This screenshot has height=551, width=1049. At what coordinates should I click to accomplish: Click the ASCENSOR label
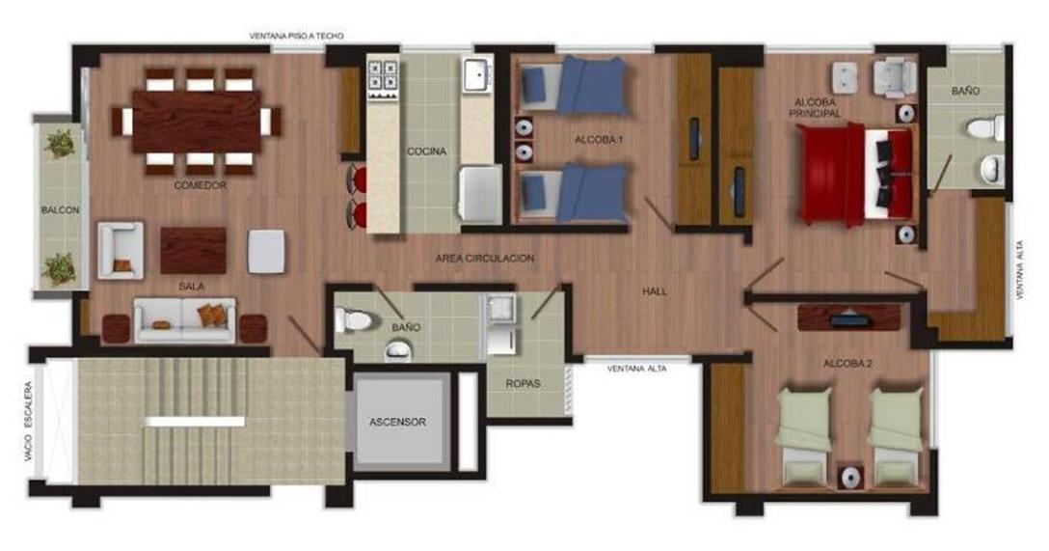[x=397, y=422]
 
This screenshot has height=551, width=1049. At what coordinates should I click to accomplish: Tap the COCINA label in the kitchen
[x=427, y=152]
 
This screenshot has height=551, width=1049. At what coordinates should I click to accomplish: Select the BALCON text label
[x=60, y=209]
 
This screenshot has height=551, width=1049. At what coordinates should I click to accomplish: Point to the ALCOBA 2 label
[x=847, y=364]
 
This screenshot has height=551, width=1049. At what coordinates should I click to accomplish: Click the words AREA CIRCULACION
[x=485, y=259]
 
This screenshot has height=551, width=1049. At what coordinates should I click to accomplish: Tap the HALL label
[x=655, y=291]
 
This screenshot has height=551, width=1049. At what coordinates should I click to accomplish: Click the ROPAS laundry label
[x=524, y=384]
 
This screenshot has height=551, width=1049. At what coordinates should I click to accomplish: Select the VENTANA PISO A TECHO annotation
[x=296, y=36]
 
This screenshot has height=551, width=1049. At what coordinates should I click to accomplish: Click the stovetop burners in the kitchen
[x=383, y=77]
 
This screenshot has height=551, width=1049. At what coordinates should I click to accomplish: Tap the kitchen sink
[x=477, y=75]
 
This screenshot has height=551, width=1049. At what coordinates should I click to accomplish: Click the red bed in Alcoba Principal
[x=855, y=174]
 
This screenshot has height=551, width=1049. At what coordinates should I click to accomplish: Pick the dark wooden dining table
[x=197, y=122]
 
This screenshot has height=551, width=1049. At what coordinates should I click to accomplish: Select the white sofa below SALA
[x=185, y=320]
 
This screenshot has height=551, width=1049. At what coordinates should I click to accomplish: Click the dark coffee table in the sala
[x=194, y=250]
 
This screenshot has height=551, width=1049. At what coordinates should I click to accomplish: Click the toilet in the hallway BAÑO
[x=353, y=319]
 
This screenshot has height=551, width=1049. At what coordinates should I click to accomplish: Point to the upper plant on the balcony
[x=60, y=143]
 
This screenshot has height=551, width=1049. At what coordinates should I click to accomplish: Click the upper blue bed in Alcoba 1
[x=575, y=86]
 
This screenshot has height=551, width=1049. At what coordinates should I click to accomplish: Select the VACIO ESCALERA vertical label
[x=29, y=422]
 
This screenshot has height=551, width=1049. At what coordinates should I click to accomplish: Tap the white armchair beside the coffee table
[x=121, y=250]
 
